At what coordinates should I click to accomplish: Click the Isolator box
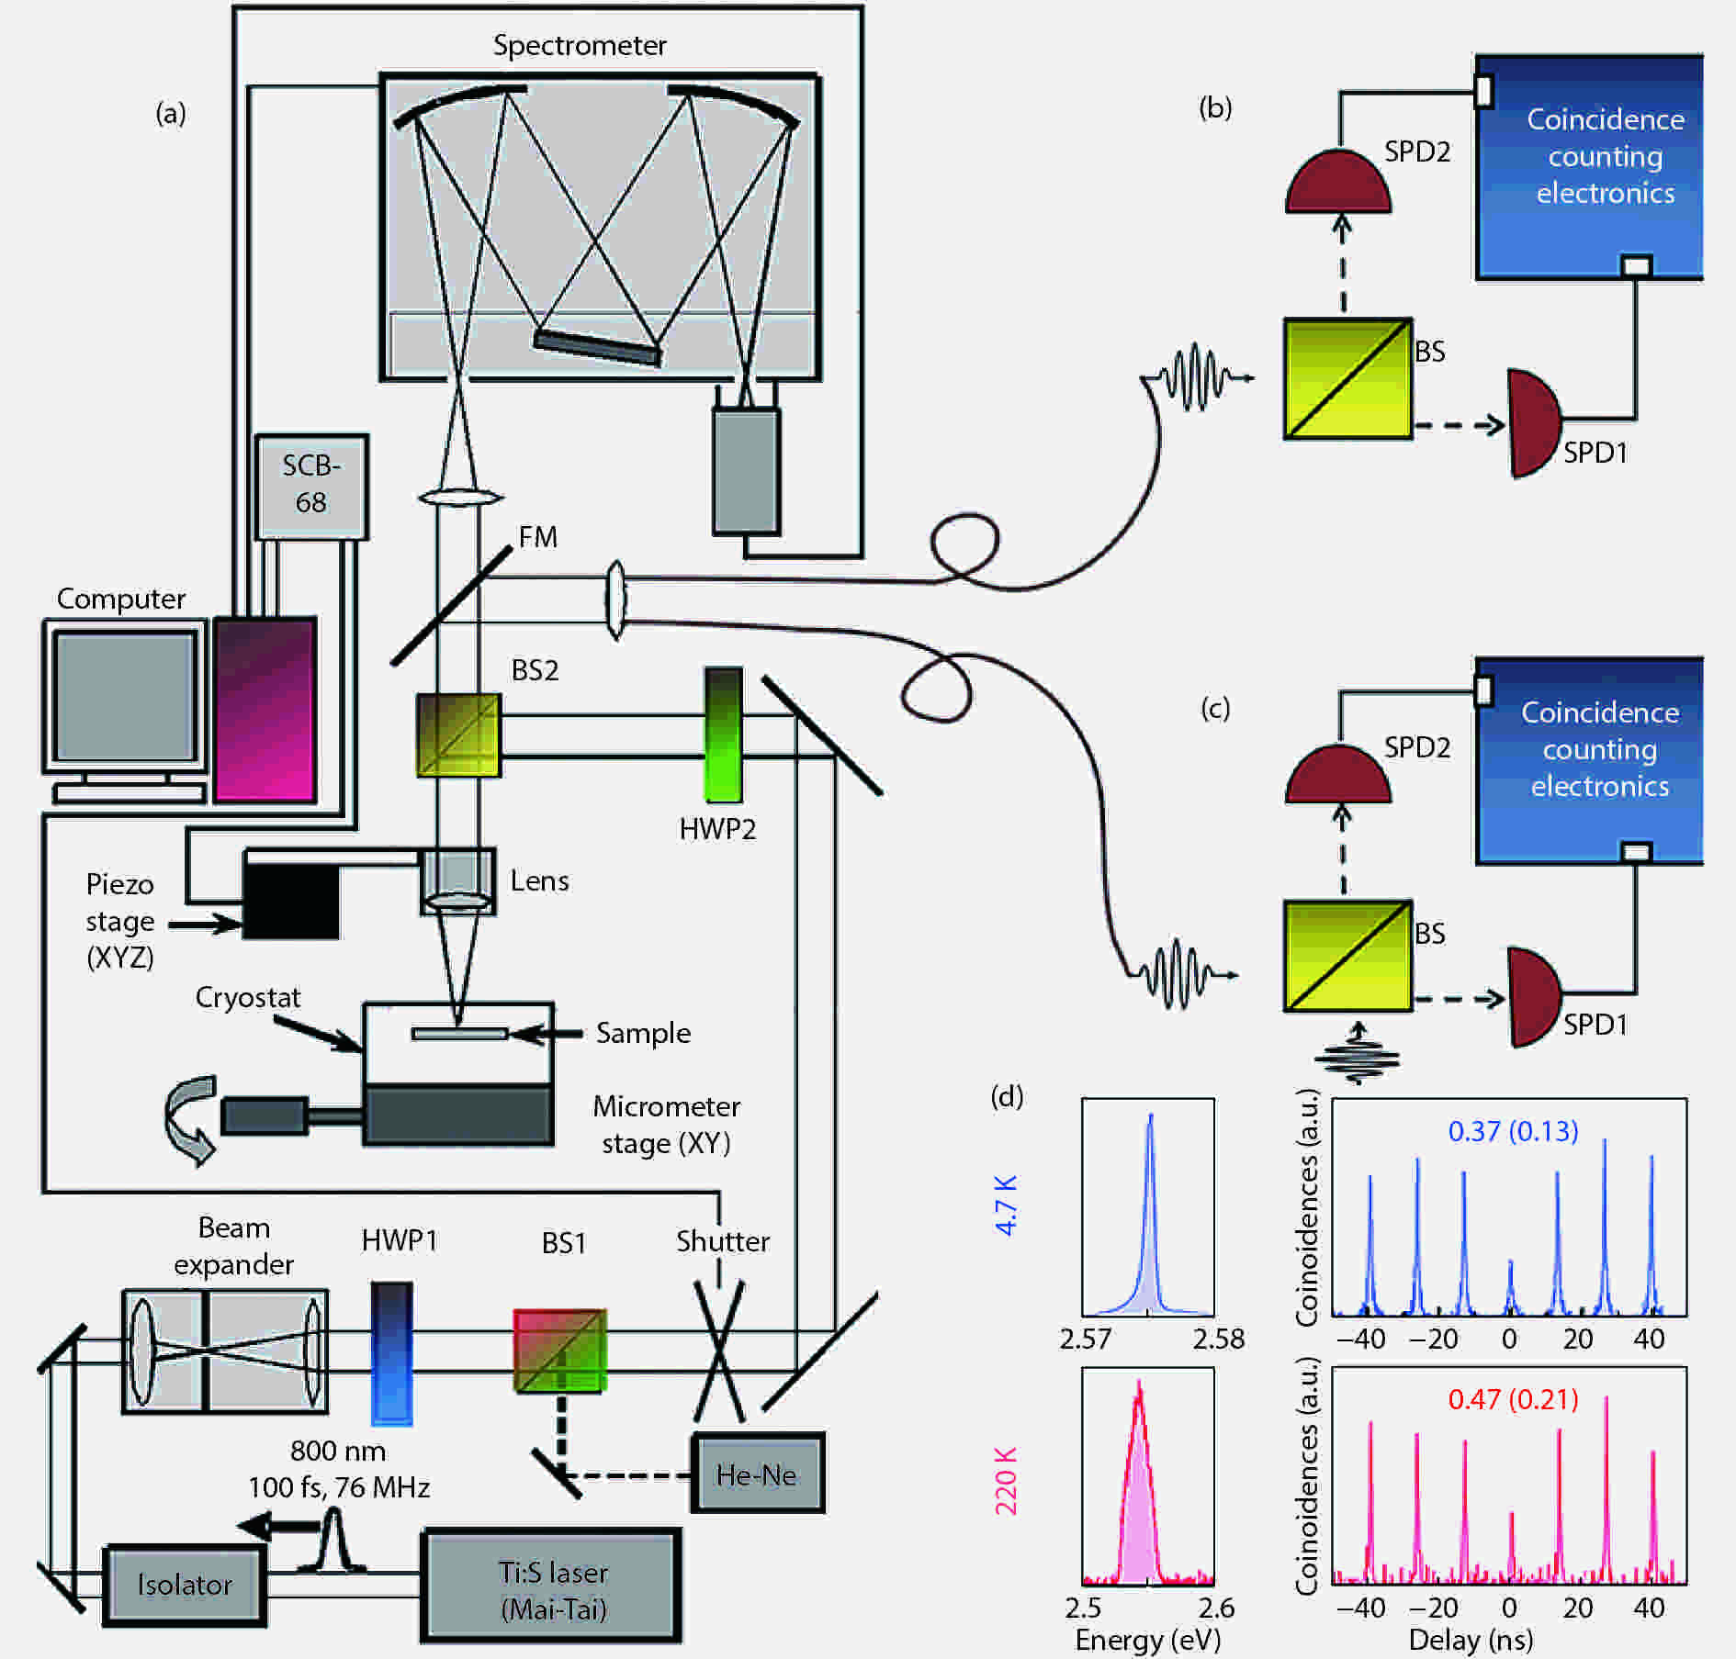[x=185, y=1585]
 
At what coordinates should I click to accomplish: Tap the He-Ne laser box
[x=757, y=1474]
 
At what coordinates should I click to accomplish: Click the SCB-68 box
[x=311, y=486]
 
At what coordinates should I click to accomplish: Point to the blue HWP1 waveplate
[x=391, y=1353]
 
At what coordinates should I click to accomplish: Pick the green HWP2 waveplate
[x=723, y=735]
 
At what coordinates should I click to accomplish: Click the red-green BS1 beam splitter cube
[x=559, y=1351]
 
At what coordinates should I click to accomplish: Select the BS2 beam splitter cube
[x=458, y=735]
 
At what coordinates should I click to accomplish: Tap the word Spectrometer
[x=580, y=45]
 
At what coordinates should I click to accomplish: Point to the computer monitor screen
[x=124, y=695]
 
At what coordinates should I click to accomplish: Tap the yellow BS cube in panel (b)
[x=1347, y=378]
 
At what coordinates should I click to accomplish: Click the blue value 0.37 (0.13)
[x=1513, y=1131]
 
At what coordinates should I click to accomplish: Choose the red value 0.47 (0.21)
[x=1513, y=1399]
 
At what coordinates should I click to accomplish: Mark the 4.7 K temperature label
[x=1007, y=1205]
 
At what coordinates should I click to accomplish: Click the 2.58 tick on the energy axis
[x=1219, y=1339]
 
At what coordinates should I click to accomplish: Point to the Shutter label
[x=723, y=1241]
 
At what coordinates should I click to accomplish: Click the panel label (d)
[x=1007, y=1096]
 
